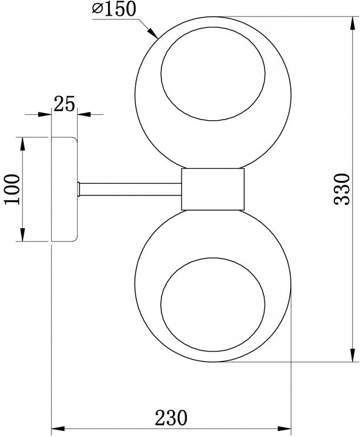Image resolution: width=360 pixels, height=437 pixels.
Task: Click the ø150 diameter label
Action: pyautogui.click(x=114, y=8)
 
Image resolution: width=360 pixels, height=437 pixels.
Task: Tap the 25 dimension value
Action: pyautogui.click(x=64, y=104)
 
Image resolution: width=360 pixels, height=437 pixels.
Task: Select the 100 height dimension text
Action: pyautogui.click(x=13, y=189)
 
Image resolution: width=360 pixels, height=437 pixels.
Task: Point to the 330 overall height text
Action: pyautogui.click(x=342, y=189)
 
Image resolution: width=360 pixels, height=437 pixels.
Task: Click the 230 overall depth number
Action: pyautogui.click(x=171, y=418)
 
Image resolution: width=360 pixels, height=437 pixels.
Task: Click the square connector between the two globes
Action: pyautogui.click(x=212, y=189)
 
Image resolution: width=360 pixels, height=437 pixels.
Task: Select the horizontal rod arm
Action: pyautogui.click(x=131, y=189)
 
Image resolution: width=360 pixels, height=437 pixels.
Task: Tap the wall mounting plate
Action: pyautogui.click(x=64, y=189)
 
